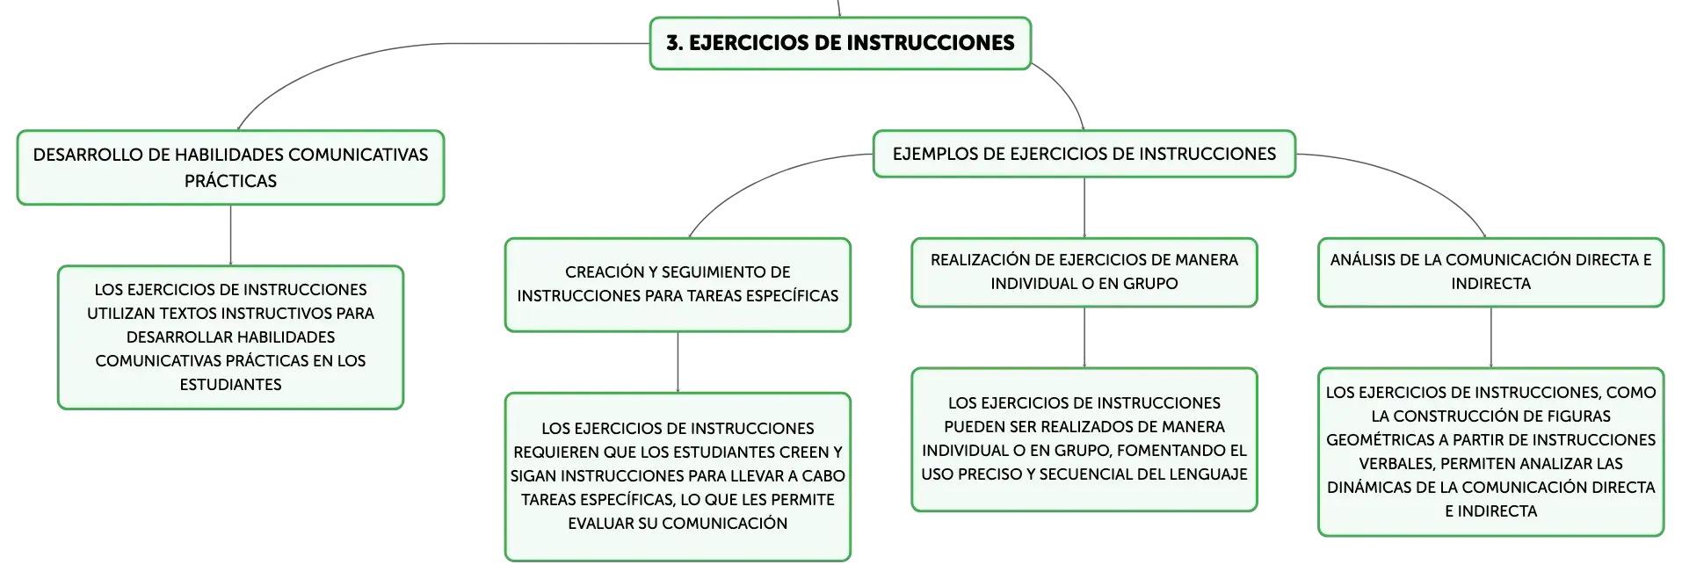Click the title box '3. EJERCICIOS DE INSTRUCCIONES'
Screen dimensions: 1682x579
click(x=840, y=43)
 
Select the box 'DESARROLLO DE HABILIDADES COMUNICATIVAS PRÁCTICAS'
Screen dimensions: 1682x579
click(x=230, y=168)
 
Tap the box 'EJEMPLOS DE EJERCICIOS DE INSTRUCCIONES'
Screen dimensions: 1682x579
click(x=1084, y=154)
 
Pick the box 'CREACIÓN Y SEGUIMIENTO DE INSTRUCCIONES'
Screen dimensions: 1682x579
click(x=678, y=285)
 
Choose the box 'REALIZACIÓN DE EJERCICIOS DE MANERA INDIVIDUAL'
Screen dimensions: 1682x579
click(x=1084, y=272)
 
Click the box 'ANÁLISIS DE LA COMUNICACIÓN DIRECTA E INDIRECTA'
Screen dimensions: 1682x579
click(x=1490, y=272)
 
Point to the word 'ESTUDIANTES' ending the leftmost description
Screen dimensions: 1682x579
click(x=230, y=385)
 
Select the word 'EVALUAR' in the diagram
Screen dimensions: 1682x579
click(x=602, y=524)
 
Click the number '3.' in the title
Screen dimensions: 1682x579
click(x=674, y=43)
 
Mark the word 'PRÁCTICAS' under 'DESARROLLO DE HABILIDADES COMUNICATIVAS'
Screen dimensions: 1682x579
click(x=230, y=181)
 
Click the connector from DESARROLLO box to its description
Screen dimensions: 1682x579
click(x=230, y=235)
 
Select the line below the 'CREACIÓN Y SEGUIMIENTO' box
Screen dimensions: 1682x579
click(x=678, y=362)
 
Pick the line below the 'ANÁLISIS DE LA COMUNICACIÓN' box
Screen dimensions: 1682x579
click(x=1490, y=337)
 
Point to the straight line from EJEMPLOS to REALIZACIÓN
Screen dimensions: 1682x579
click(x=1084, y=207)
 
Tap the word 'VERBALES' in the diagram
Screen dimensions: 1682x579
click(x=1396, y=464)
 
